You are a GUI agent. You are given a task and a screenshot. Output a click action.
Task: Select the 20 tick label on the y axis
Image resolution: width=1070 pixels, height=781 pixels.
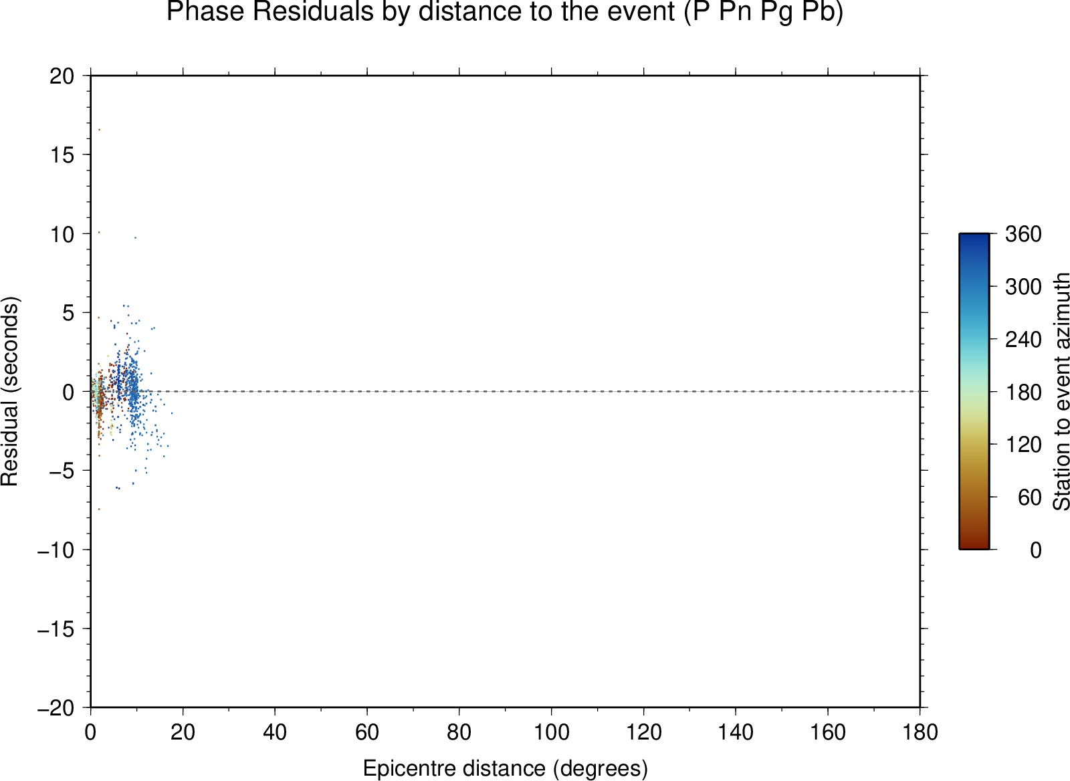62,76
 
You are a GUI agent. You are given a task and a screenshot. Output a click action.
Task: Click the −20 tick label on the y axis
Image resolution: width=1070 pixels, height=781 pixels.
56,707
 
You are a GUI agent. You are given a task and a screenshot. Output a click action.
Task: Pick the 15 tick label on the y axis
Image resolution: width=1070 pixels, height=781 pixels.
62,154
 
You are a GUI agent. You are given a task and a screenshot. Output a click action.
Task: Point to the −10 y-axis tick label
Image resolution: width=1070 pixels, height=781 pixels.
56,550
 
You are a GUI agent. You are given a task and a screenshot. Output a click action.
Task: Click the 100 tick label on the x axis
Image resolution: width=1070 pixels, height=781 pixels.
551,732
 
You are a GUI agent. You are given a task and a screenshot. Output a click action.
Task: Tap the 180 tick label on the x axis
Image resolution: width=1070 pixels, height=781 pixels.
920,732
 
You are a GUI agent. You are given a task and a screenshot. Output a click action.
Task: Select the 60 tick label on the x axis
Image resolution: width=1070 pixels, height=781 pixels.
367,732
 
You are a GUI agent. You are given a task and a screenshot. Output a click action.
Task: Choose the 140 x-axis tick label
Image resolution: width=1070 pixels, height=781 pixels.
736,732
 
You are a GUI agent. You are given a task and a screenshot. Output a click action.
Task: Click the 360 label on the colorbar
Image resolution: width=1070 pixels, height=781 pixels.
1023,234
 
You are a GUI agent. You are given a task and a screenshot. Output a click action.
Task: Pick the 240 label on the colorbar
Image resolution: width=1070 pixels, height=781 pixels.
1023,340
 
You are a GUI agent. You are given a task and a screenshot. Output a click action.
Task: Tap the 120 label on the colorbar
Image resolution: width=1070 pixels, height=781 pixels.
1023,445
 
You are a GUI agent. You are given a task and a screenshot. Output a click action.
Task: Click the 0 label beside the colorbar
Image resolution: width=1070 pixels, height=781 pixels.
1036,550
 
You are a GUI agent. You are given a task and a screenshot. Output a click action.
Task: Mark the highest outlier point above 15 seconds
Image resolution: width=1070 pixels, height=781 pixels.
100,130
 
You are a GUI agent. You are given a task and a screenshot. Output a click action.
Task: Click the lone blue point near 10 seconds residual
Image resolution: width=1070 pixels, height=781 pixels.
135,237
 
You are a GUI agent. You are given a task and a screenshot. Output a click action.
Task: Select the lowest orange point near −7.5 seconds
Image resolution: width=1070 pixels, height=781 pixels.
99,510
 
